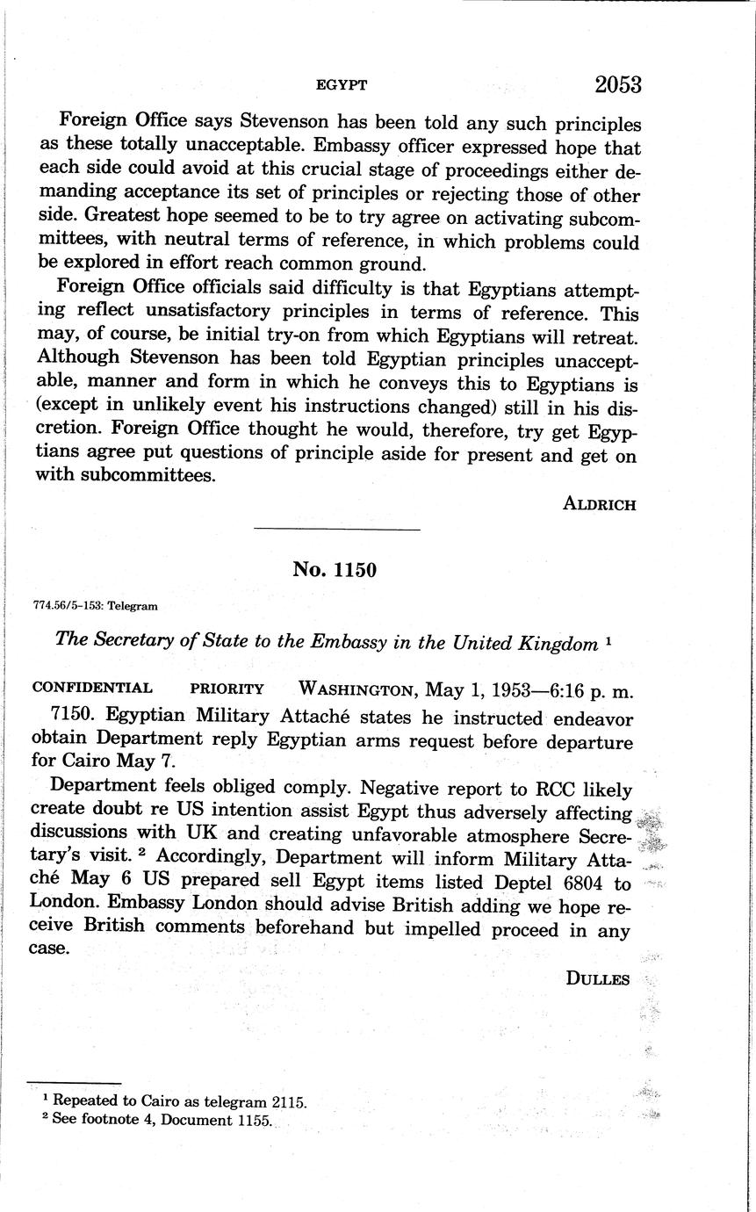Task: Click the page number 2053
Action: pos(618,84)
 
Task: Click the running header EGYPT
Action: pos(341,85)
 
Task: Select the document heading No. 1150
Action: pos(335,570)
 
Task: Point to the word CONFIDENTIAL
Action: pos(92,689)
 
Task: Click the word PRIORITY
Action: pos(227,689)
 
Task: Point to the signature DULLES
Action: pos(598,979)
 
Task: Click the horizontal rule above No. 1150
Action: pos(336,530)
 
